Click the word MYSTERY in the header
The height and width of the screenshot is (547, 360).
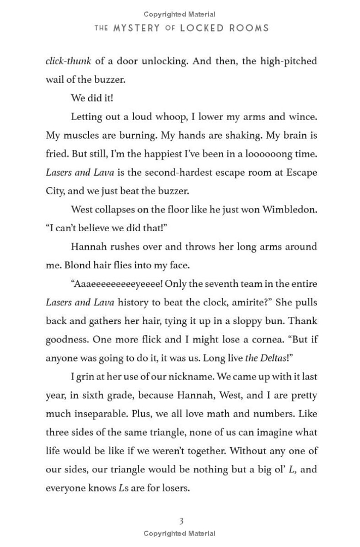(136, 28)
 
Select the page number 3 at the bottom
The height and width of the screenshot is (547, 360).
(181, 521)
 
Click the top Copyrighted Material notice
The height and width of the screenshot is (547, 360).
(179, 14)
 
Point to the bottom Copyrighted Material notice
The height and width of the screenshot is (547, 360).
(179, 533)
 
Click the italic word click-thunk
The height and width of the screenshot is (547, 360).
(68, 61)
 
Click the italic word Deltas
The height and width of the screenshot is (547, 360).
(274, 358)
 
